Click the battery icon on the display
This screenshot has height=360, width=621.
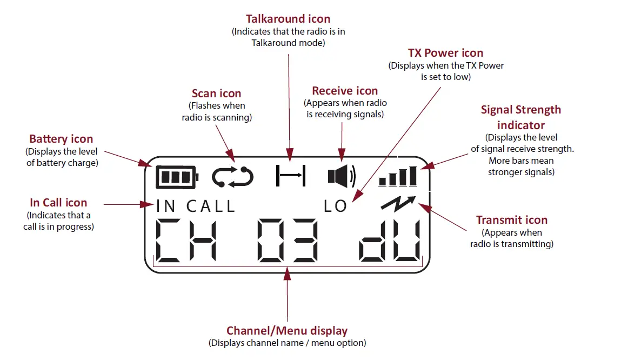pos(177,177)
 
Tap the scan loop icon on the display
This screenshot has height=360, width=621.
pos(232,177)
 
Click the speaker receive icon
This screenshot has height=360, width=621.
pos(342,177)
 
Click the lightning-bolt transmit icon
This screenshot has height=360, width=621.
pos(399,202)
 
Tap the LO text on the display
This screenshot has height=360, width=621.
pos(335,206)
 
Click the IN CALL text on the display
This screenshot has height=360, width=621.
pos(196,206)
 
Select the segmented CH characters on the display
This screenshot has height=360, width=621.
pos(186,240)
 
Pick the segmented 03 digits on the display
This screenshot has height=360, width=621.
pos(287,240)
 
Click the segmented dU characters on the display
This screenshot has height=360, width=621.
pos(391,240)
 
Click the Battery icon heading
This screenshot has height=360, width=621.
pos(61,139)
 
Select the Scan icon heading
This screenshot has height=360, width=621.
pos(216,94)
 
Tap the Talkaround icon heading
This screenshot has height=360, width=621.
pos(288,19)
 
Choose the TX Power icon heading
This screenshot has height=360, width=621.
pos(445,53)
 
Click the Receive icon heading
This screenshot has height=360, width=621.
pos(345,91)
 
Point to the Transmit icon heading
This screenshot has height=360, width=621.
pos(511,220)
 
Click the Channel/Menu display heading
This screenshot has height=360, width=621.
pos(286,331)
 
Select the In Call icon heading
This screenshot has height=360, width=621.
pos(58,203)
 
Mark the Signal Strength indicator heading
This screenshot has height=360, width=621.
pos(521,117)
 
